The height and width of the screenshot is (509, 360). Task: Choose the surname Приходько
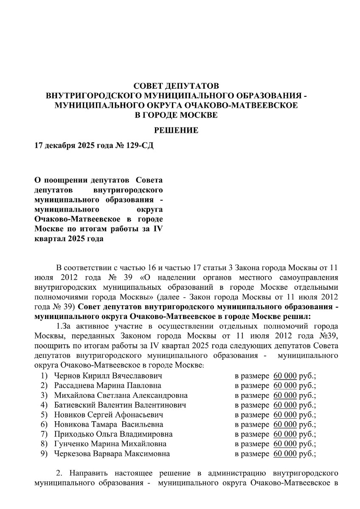[x=71, y=434]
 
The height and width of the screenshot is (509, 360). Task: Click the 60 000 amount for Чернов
[x=285, y=376]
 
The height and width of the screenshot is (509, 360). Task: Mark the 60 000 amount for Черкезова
[x=285, y=454]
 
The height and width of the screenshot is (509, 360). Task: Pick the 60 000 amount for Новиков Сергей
[x=285, y=415]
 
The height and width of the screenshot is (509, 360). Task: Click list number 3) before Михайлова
[x=44, y=395]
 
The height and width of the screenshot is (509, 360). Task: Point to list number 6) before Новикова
[x=44, y=425]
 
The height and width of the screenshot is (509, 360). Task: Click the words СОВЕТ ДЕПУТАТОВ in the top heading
[x=176, y=87]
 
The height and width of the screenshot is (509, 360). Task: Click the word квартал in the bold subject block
[x=47, y=239]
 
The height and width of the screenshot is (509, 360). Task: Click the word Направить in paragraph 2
[x=89, y=472]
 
